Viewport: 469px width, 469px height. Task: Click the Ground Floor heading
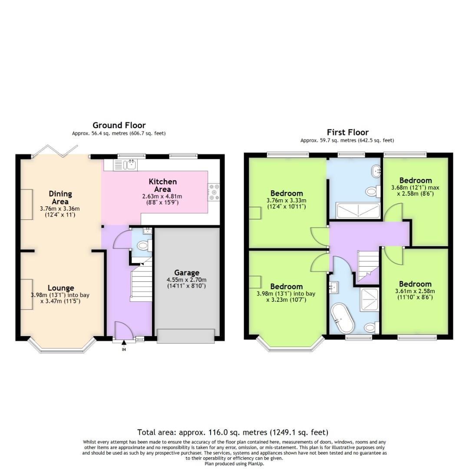[x=119, y=126]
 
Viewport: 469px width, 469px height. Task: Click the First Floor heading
[x=347, y=132]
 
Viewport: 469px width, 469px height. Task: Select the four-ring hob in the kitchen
[x=214, y=192]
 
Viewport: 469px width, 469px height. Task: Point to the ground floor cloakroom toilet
[x=142, y=247]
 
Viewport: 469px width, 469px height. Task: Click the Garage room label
[x=187, y=273]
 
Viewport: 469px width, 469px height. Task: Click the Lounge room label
[x=61, y=288]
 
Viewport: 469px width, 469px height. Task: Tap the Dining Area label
[x=60, y=198]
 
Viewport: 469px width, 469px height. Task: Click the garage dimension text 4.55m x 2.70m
[x=187, y=280]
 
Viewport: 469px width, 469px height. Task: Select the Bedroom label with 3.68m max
[x=416, y=180]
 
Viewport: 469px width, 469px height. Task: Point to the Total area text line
[x=233, y=432]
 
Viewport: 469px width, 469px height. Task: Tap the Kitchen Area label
[x=162, y=185]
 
